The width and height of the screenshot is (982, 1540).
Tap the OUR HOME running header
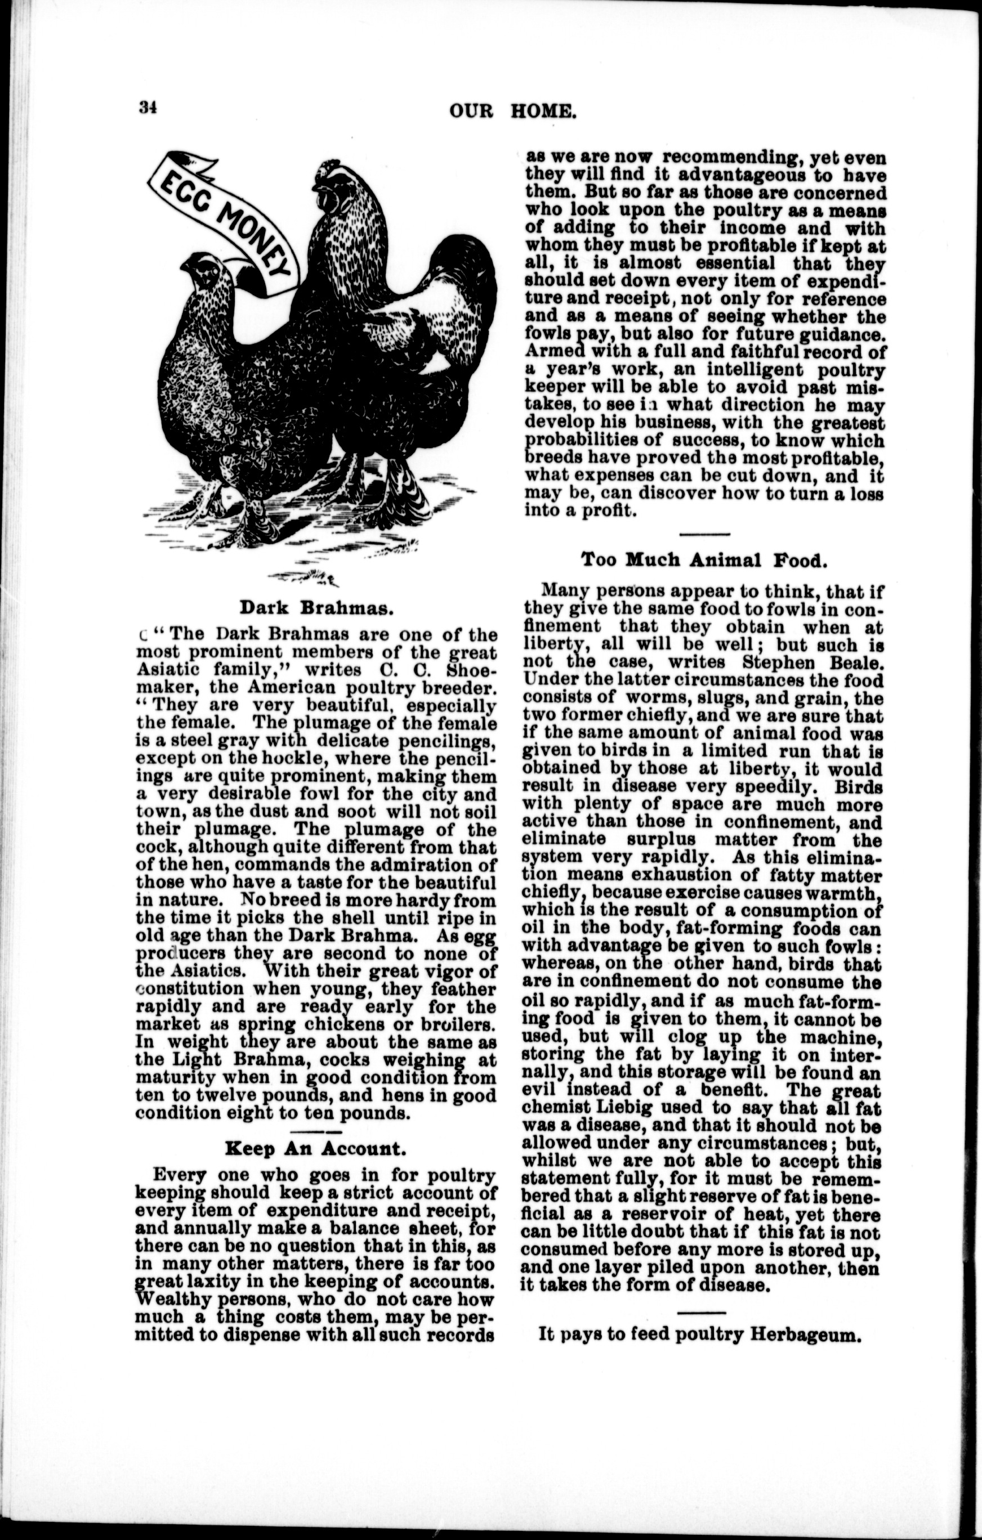pyautogui.click(x=512, y=111)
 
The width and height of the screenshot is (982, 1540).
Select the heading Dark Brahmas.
pyautogui.click(x=316, y=607)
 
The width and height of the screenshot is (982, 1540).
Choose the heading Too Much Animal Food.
pyautogui.click(x=704, y=560)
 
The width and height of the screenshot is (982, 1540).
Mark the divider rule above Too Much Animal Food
pyautogui.click(x=704, y=534)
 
